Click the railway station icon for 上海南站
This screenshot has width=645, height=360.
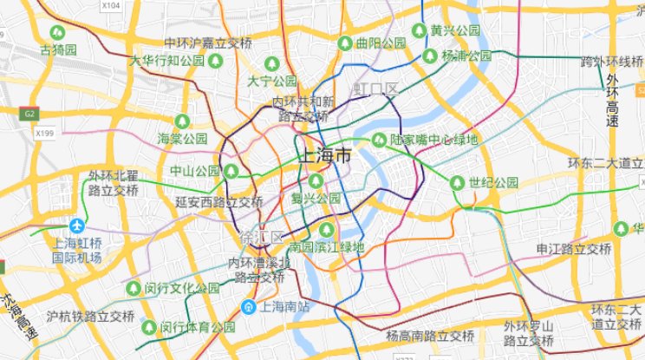coord(248,305)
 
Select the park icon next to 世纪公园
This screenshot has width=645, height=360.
coord(457,182)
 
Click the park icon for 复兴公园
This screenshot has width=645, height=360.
coord(316,180)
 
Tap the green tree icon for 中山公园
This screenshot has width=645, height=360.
coord(231,171)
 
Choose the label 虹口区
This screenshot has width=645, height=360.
coord(375,89)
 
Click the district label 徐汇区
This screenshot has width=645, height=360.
coord(261,238)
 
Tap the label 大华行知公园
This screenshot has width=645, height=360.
coord(166,61)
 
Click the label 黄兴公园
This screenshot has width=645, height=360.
coord(455,30)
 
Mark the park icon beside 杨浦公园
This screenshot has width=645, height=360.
coord(431,56)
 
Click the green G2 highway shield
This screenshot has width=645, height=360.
coord(29,114)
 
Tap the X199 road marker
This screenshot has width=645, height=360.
coord(45,134)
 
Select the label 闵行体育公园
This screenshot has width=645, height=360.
coord(198,327)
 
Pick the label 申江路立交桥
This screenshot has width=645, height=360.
coord(574,249)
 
